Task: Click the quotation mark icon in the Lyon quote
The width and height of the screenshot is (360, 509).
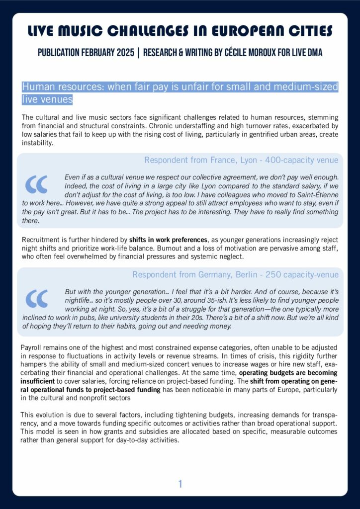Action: [x=36, y=184]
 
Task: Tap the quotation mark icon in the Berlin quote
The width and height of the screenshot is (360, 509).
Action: [x=36, y=298]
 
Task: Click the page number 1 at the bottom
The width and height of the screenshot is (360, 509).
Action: [x=180, y=484]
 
